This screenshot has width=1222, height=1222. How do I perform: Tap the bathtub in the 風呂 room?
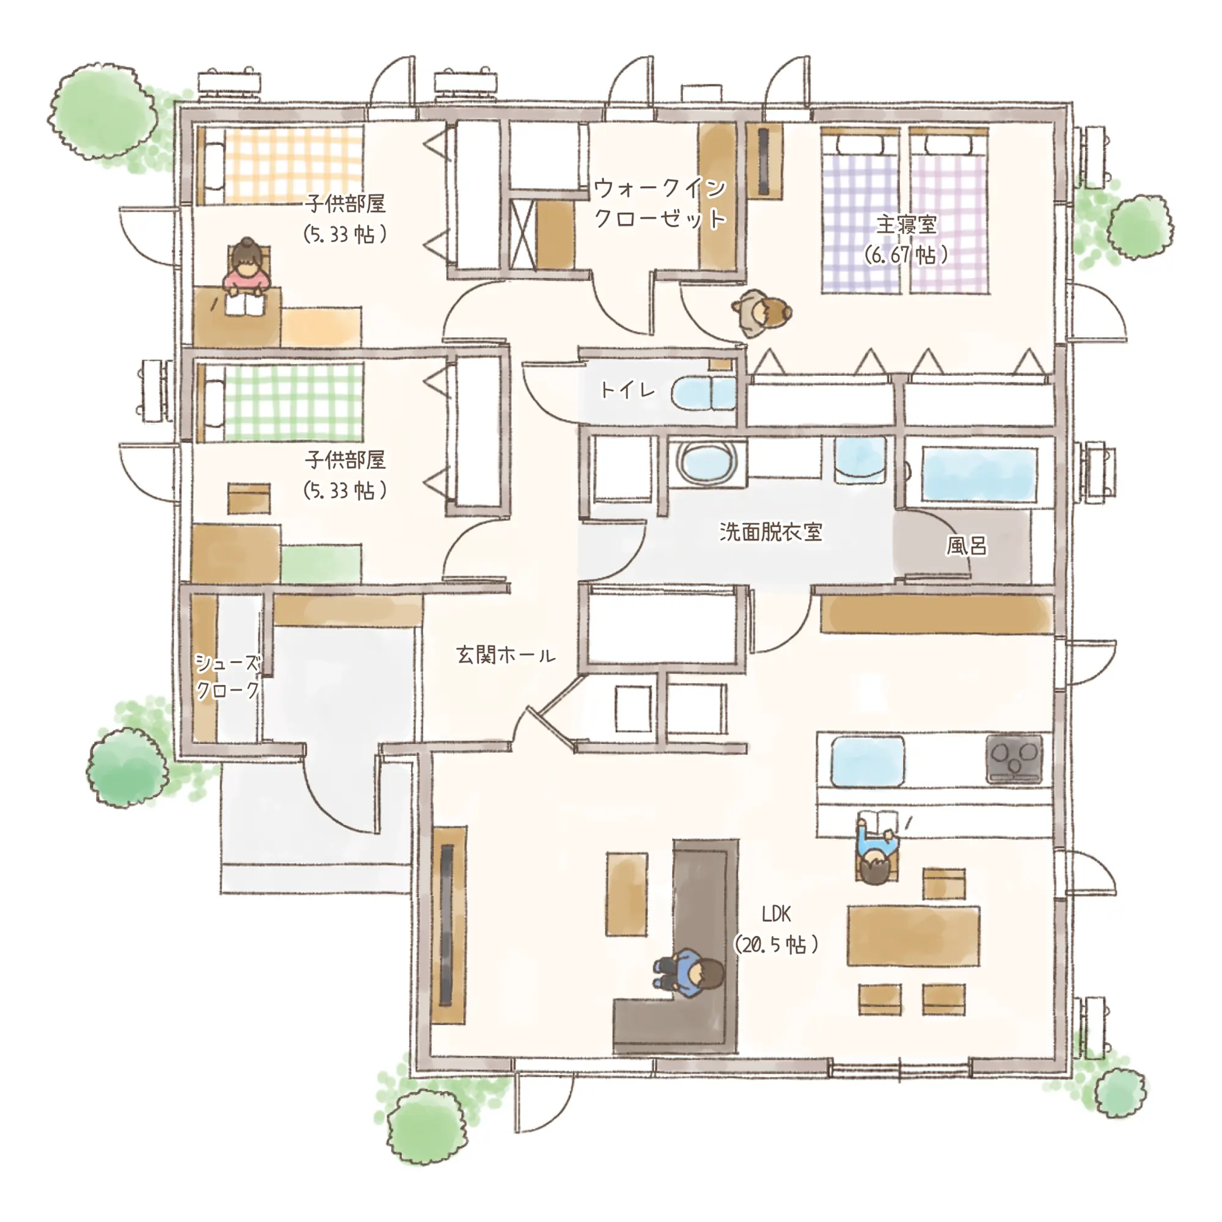pos(979,475)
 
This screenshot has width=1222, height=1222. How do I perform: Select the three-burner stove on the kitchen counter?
pos(1014,758)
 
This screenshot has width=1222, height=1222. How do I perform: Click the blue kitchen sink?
pos(867,761)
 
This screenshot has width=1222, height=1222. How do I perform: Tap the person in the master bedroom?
pos(761,312)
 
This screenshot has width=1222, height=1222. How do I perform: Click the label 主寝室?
pos(906,224)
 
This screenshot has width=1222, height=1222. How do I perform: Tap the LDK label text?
pos(776,913)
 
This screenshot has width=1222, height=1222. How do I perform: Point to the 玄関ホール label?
pos(505,654)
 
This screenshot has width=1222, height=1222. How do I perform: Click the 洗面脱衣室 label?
pos(770,532)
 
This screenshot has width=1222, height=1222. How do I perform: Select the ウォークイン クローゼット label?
pos(660,203)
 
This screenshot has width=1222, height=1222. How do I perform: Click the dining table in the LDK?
pos(913,935)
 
